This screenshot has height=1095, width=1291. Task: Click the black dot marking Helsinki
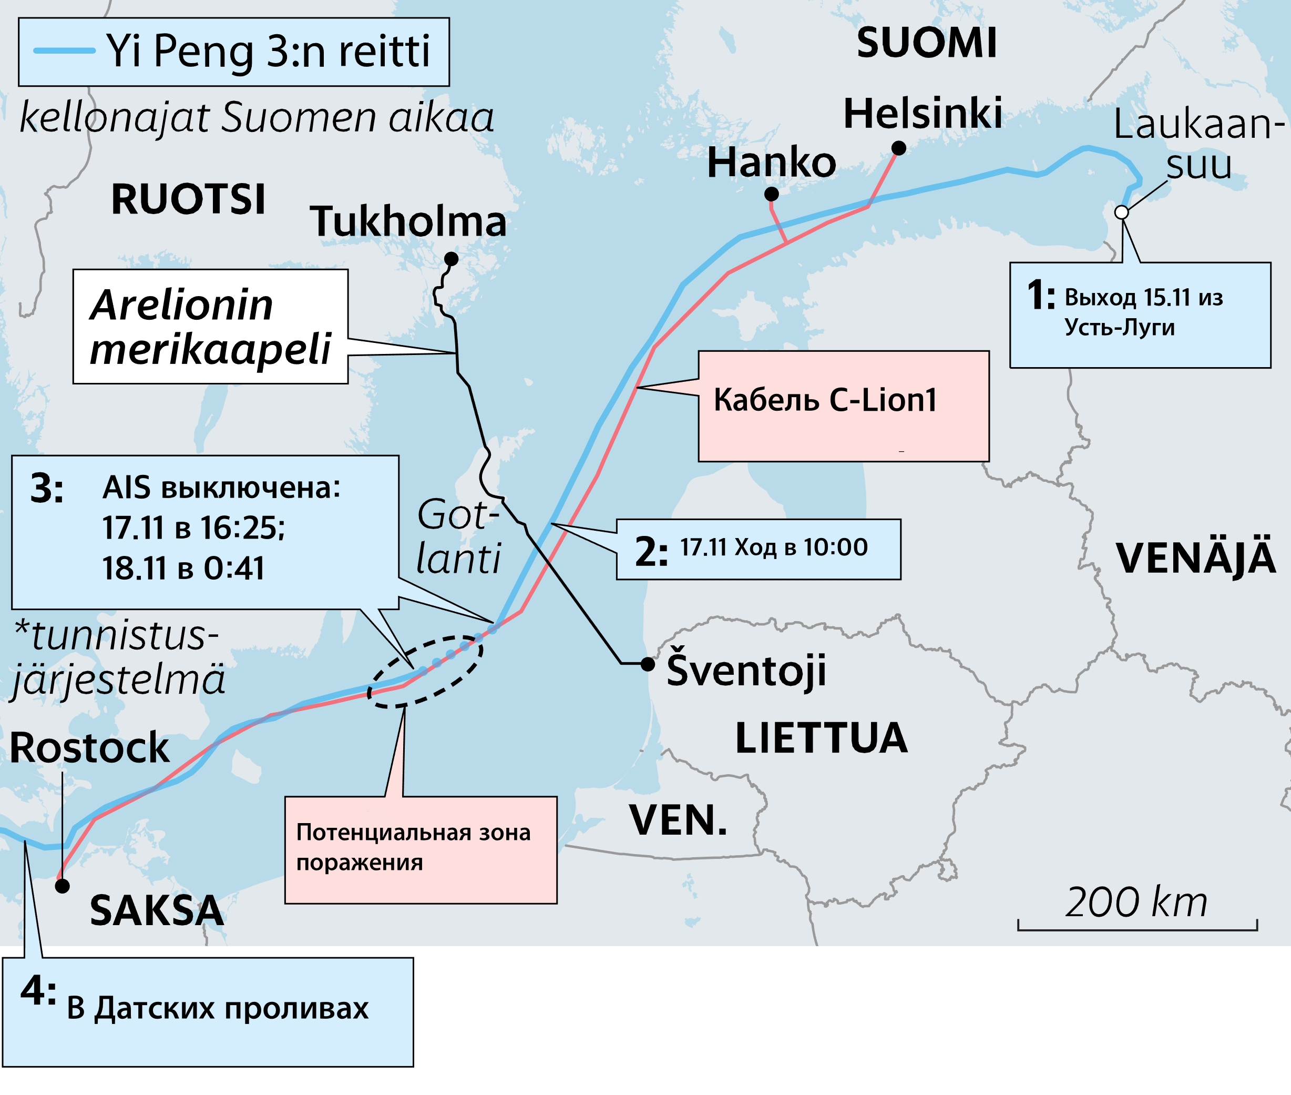898,148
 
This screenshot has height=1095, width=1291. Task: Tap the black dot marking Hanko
771,194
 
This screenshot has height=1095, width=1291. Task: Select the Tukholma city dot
452,259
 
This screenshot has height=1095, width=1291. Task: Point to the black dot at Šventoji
648,664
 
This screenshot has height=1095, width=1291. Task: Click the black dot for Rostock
62,886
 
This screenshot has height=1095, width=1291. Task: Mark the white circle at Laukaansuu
1121,212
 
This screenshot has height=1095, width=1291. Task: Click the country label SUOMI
926,44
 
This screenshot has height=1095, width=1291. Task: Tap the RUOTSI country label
188,200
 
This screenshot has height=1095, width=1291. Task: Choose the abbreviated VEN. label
678,820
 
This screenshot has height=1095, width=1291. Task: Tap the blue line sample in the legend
64,51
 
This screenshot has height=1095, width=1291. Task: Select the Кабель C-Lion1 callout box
843,406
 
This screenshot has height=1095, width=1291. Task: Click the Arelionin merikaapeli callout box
210,327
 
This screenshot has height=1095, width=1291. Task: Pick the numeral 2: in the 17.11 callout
651,551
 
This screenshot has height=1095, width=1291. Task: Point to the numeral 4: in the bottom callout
38,991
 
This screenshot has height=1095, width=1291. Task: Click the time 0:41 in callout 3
234,568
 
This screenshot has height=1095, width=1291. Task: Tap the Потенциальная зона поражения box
420,849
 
